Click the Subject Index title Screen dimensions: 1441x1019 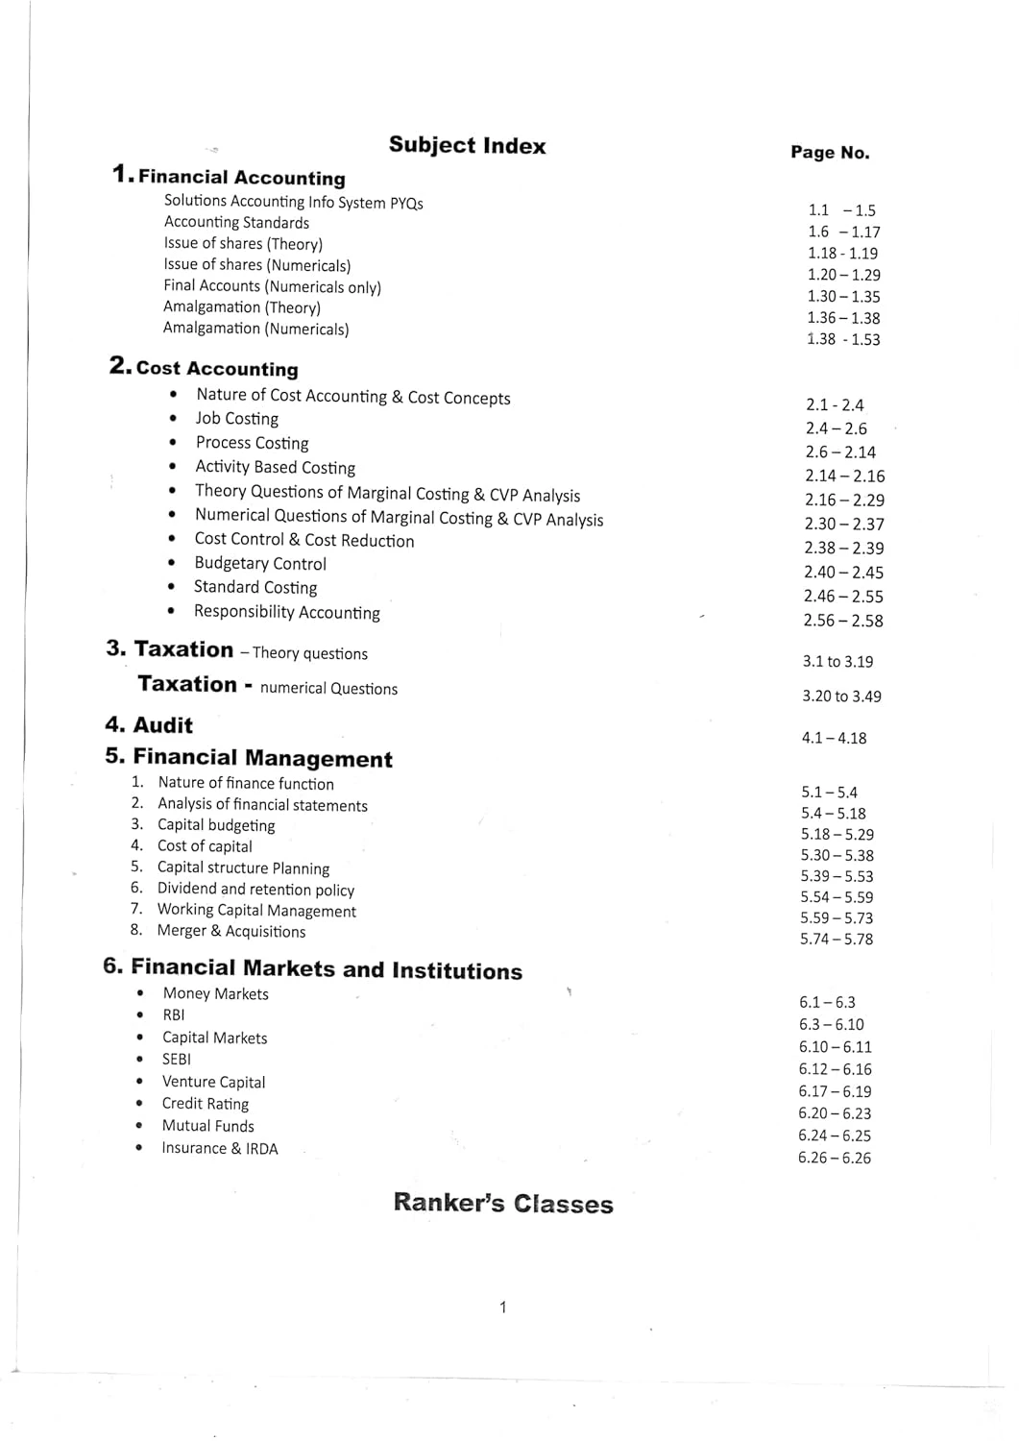pyautogui.click(x=467, y=145)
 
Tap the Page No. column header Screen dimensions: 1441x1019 pyautogui.click(x=830, y=153)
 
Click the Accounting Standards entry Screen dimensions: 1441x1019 pyautogui.click(x=236, y=223)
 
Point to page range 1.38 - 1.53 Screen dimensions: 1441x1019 pyautogui.click(x=843, y=339)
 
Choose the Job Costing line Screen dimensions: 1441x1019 pyautogui.click(x=236, y=419)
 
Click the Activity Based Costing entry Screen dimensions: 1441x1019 pyautogui.click(x=275, y=468)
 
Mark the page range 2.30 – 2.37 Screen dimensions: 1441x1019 pyautogui.click(x=844, y=525)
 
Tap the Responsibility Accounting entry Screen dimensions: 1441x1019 pyautogui.click(x=286, y=613)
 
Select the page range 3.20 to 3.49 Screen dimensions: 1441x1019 pyautogui.click(x=841, y=696)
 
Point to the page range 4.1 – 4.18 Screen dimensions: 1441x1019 pyautogui.click(x=834, y=739)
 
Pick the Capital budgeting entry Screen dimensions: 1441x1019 pyautogui.click(x=216, y=825)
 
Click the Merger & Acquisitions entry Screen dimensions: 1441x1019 pyautogui.click(x=230, y=931)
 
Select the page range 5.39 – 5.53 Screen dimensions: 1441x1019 pyautogui.click(x=837, y=876)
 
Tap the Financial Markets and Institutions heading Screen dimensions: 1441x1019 pyautogui.click(x=326, y=969)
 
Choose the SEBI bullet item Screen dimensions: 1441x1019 pyautogui.click(x=176, y=1060)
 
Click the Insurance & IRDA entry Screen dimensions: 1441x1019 pyautogui.click(x=219, y=1149)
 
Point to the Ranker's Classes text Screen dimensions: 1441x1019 pyautogui.click(x=502, y=1204)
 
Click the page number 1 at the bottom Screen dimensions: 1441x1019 pyautogui.click(x=502, y=1307)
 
